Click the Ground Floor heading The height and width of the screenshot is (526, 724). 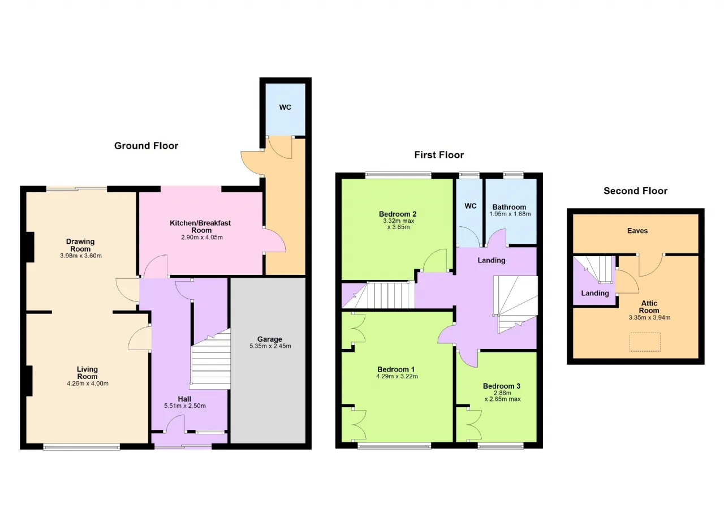pyautogui.click(x=146, y=146)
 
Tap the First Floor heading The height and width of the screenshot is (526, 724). pyautogui.click(x=439, y=155)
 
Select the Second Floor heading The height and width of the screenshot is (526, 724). pyautogui.click(x=635, y=191)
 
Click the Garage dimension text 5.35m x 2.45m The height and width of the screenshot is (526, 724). pyautogui.click(x=270, y=346)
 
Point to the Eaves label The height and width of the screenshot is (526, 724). pyautogui.click(x=637, y=231)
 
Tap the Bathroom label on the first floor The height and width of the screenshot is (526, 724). pyautogui.click(x=509, y=207)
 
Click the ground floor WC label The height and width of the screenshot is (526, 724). pyautogui.click(x=285, y=107)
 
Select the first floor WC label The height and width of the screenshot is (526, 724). pyautogui.click(x=470, y=206)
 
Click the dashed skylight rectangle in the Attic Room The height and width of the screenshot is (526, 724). pyautogui.click(x=645, y=342)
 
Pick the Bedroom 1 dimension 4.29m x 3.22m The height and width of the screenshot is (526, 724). pyautogui.click(x=397, y=376)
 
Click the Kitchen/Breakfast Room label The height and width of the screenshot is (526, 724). pyautogui.click(x=200, y=226)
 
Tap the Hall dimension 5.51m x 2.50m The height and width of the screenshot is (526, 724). pyautogui.click(x=185, y=406)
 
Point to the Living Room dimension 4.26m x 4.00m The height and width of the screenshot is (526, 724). pyautogui.click(x=88, y=383)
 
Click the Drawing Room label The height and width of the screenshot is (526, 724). pyautogui.click(x=80, y=245)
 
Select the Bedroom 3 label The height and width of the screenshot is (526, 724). pyautogui.click(x=502, y=386)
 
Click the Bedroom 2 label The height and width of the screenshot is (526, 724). pyautogui.click(x=398, y=214)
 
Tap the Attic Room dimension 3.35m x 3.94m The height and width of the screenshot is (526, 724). pyautogui.click(x=649, y=317)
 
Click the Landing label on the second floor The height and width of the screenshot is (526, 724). pyautogui.click(x=594, y=293)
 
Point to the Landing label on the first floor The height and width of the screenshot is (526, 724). pyautogui.click(x=492, y=260)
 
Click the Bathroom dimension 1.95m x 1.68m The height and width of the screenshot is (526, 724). pyautogui.click(x=510, y=214)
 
